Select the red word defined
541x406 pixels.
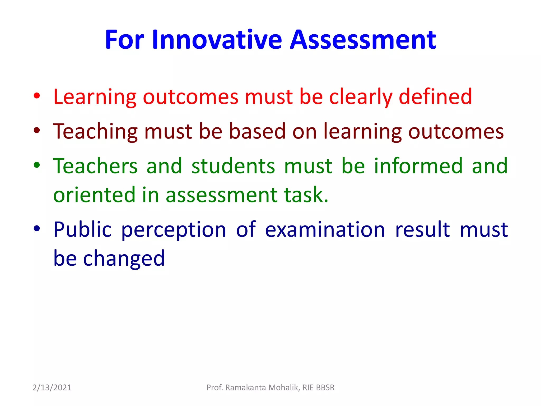[435, 97]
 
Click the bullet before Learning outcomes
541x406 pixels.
[37, 96]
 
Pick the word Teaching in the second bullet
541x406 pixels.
[95, 132]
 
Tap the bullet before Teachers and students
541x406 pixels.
[37, 165]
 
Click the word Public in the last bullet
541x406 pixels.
[82, 229]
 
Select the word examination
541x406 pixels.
[325, 229]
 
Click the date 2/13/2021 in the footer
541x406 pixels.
[52, 387]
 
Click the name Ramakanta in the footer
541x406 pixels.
[246, 387]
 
